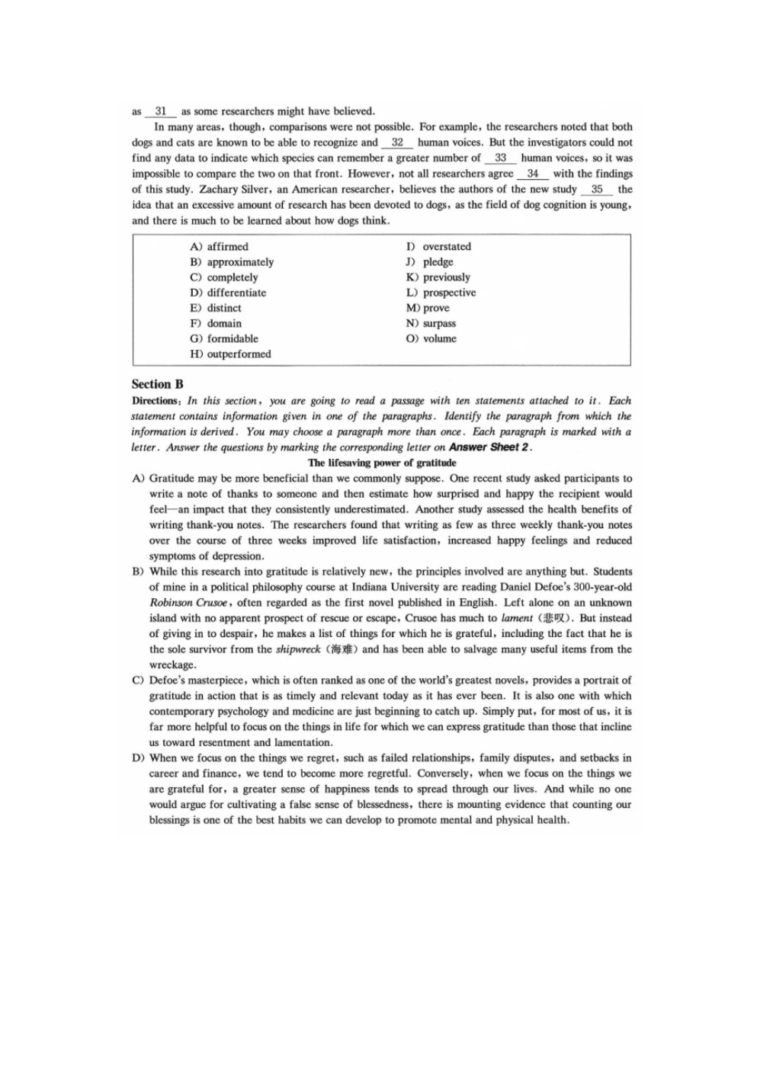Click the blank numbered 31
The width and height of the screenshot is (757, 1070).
160,111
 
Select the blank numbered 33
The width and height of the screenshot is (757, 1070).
500,158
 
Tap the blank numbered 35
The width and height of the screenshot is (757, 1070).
597,189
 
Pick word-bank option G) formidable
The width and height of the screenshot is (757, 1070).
224,338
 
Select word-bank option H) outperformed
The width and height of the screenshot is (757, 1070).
230,354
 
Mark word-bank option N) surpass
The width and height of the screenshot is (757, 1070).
431,323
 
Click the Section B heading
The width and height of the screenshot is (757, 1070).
158,384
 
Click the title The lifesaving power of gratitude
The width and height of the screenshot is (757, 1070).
382,463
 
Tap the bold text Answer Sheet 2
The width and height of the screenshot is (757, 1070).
489,447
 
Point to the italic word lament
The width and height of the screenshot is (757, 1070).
517,618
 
